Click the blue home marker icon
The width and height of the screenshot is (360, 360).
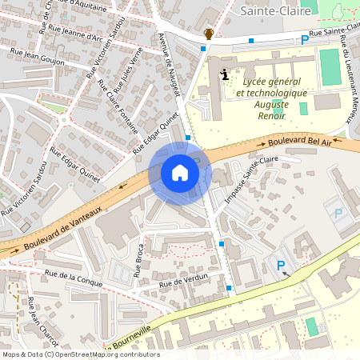click(180, 173)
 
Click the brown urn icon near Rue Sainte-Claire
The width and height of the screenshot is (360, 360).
click(209, 34)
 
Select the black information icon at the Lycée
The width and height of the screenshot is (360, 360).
click(224, 74)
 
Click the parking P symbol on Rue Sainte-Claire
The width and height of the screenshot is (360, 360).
click(304, 40)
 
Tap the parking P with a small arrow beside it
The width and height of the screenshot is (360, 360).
click(280, 266)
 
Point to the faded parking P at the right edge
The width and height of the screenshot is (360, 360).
click(338, 214)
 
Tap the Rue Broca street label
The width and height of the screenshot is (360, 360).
click(138, 259)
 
